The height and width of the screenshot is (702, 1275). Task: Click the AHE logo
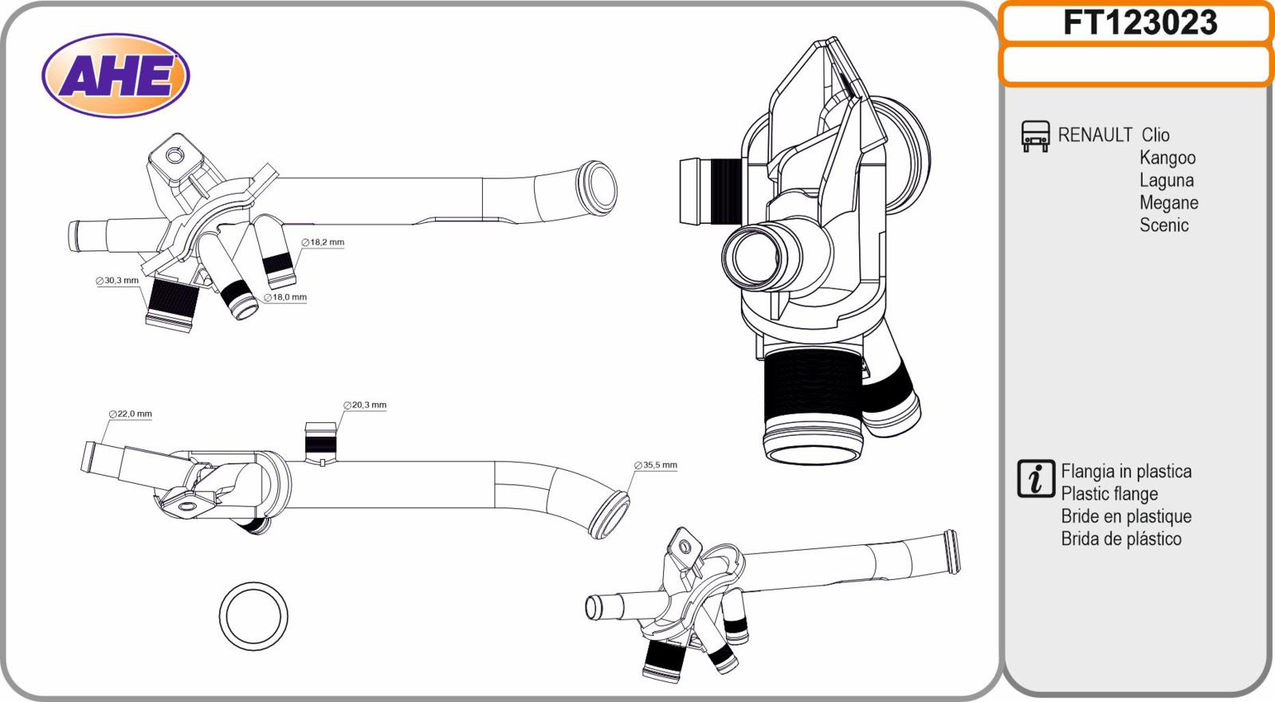[x=116, y=76]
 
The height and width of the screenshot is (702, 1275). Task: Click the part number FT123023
[x=1139, y=22]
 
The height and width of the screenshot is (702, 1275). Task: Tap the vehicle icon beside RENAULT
[x=1035, y=136]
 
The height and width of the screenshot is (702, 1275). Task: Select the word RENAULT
[x=1095, y=135]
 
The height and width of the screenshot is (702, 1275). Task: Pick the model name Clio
[x=1155, y=135]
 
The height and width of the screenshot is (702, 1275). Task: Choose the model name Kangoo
[x=1167, y=158]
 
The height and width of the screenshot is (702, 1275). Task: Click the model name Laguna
[x=1166, y=180]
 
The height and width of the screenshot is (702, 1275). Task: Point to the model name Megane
[x=1168, y=202]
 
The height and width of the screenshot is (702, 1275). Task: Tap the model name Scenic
[x=1163, y=225]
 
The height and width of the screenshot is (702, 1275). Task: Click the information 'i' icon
[x=1036, y=479]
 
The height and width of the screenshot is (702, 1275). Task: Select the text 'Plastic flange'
[x=1109, y=494]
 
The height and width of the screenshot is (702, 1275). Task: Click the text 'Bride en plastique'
[x=1126, y=516]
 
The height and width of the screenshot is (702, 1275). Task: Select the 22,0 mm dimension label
[x=131, y=414]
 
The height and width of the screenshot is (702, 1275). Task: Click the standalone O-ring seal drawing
[x=253, y=616]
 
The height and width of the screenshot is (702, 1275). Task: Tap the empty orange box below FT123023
[x=1136, y=65]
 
